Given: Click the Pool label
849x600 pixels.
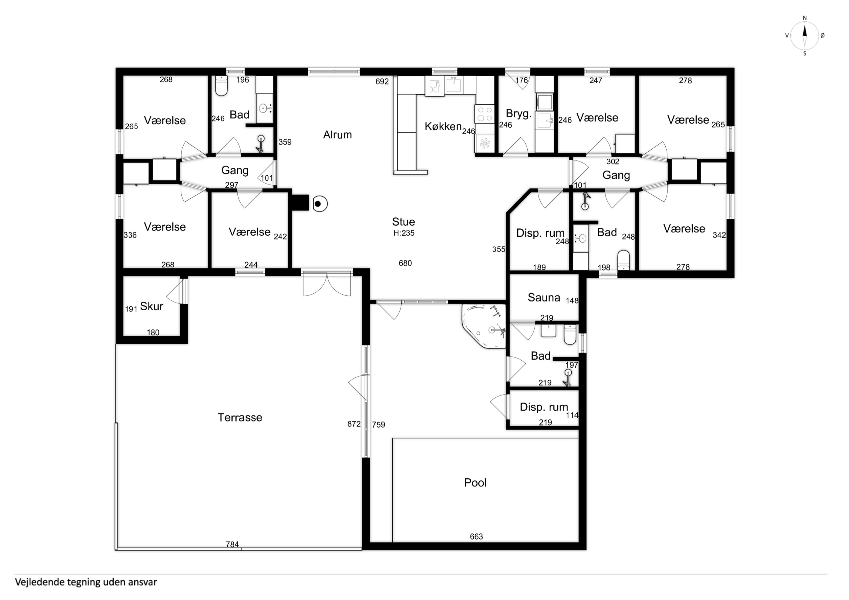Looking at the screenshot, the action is coord(475,483).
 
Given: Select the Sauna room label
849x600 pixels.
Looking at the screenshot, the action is coord(544,297).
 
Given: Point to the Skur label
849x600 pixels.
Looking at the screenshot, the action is coord(152,306).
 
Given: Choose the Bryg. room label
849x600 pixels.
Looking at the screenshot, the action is coord(519,114).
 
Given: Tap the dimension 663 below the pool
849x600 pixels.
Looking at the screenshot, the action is coord(476,536).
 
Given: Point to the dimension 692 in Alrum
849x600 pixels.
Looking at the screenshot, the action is coord(382,81).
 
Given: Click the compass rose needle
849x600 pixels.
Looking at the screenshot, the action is coord(804,36).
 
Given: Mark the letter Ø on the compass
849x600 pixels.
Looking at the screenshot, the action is coord(822,36).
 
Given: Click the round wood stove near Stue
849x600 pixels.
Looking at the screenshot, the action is coord(320,204).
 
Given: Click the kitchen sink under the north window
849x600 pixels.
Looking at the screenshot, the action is coord(455,85).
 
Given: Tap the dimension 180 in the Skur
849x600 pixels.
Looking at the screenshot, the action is coord(153,332).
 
